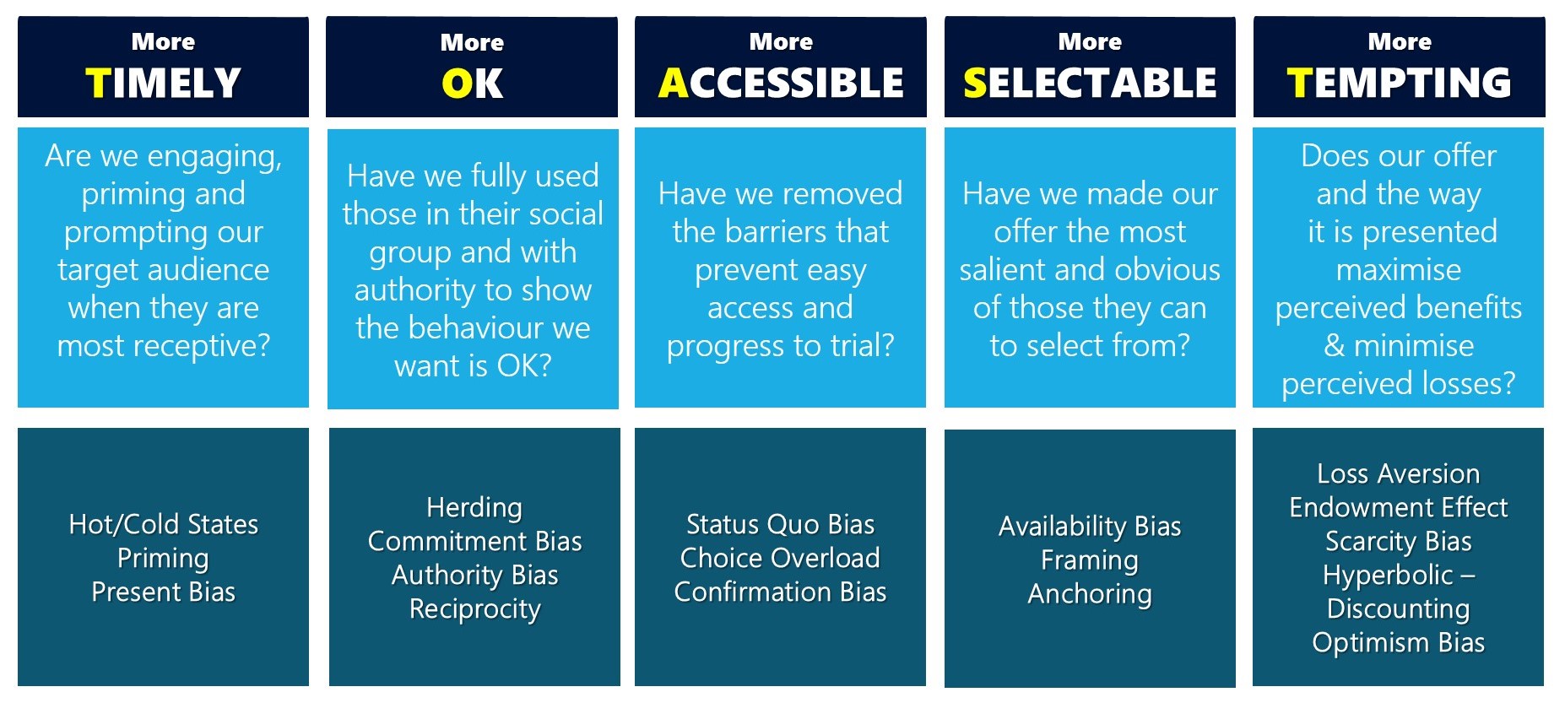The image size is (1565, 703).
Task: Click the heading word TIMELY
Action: tap(163, 83)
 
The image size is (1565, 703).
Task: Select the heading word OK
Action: tap(472, 84)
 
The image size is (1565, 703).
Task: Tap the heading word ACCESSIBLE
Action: tap(781, 83)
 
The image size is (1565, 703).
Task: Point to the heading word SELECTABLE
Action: tap(1090, 83)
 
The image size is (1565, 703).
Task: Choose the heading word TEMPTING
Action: tap(1399, 83)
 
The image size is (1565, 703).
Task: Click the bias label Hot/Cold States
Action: tap(164, 524)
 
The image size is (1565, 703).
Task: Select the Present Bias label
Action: tap(164, 592)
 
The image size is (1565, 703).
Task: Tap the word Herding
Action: tap(474, 507)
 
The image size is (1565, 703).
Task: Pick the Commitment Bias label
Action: tap(474, 541)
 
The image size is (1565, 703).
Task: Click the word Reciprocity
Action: tap(474, 608)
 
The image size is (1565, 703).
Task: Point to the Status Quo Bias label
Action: tap(781, 524)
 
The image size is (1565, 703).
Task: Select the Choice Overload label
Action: tap(781, 558)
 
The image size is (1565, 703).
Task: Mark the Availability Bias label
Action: tap(1090, 526)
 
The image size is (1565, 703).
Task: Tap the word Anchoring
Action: tap(1090, 593)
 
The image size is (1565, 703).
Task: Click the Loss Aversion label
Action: tap(1399, 473)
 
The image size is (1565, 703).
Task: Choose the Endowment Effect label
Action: tap(1399, 507)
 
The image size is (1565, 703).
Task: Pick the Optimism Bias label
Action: tap(1399, 642)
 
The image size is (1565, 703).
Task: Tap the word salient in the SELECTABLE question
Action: tap(1004, 270)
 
